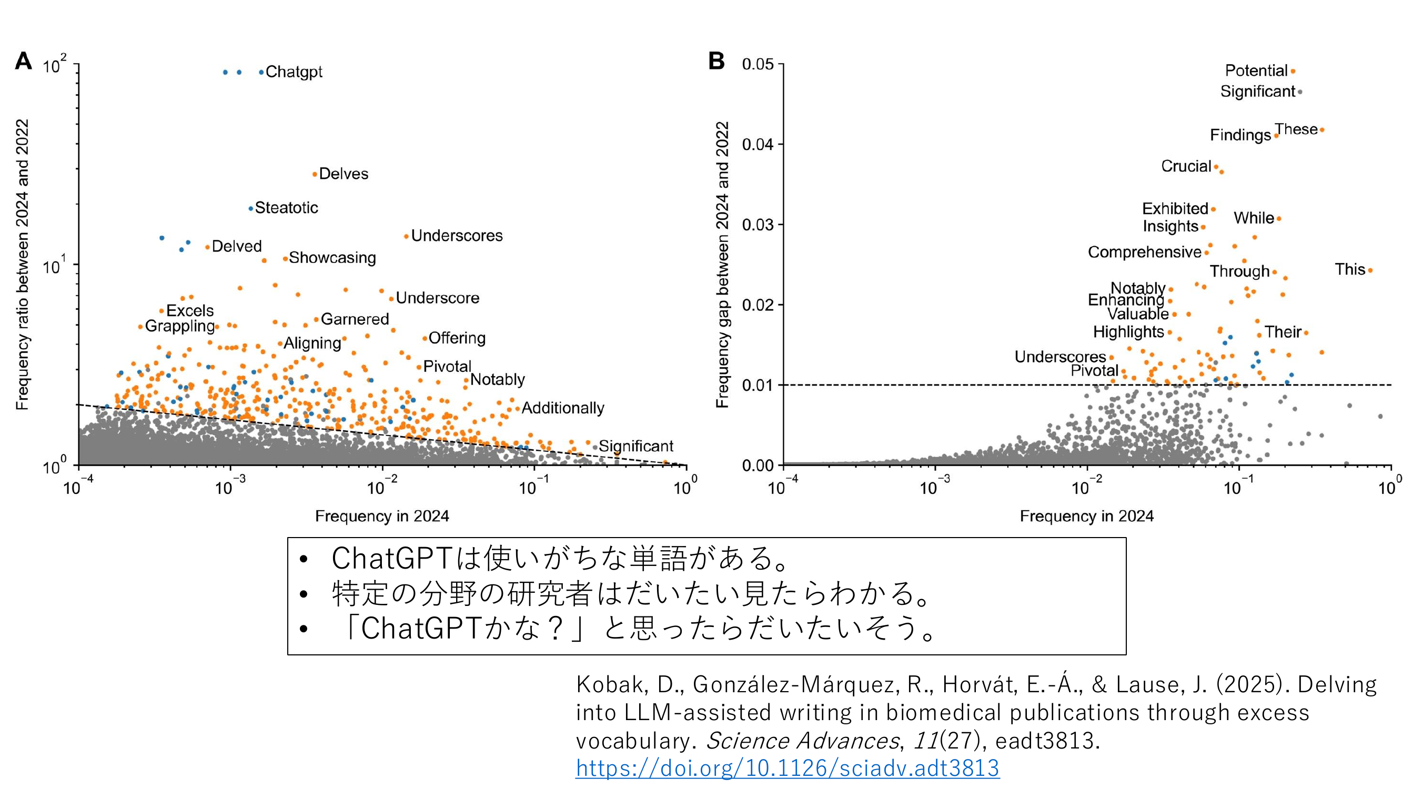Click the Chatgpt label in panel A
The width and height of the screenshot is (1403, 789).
point(294,72)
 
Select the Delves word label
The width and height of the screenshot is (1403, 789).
point(343,174)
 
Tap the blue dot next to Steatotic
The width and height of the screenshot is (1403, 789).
point(250,208)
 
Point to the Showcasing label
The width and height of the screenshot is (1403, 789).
point(332,258)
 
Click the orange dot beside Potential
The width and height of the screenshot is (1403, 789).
point(1293,72)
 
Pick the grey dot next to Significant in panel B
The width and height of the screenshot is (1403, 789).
point(1300,92)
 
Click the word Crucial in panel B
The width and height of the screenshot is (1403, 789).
point(1186,166)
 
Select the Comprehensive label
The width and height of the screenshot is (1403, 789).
point(1144,252)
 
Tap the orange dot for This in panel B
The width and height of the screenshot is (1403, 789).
point(1370,270)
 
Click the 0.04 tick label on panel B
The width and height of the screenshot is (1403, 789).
point(757,144)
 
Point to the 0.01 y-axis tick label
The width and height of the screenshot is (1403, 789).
point(757,386)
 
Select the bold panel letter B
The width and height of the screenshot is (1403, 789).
point(716,61)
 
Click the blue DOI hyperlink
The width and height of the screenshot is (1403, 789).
point(788,768)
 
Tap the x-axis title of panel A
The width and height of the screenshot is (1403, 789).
point(382,515)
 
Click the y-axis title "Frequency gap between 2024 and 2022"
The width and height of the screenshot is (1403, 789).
point(722,265)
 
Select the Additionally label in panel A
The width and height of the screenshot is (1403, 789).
point(562,408)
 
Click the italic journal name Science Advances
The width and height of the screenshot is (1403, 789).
point(802,741)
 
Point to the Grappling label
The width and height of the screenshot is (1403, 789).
point(180,326)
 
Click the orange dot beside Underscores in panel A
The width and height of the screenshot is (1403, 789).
point(406,236)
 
